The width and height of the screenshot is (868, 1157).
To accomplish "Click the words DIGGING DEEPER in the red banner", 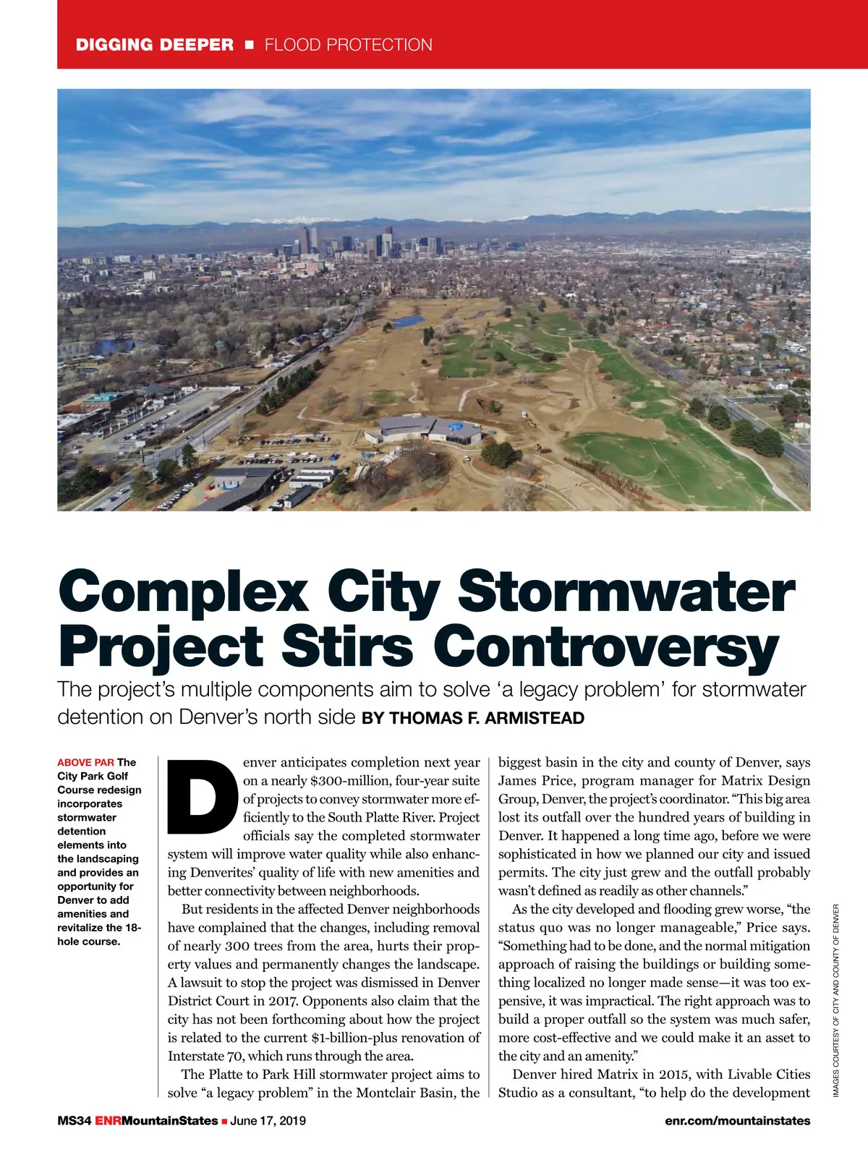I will pyautogui.click(x=155, y=45).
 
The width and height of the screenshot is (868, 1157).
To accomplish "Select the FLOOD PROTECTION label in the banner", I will pyautogui.click(x=348, y=45).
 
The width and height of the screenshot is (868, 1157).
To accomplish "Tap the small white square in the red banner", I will pyautogui.click(x=250, y=45).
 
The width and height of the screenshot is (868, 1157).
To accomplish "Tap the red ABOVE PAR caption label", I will pyautogui.click(x=85, y=762).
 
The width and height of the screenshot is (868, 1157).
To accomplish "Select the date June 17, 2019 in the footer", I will pyautogui.click(x=268, y=1121).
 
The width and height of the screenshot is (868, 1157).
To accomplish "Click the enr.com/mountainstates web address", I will pyautogui.click(x=737, y=1121).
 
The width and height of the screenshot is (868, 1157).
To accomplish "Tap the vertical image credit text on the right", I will pyautogui.click(x=835, y=1002).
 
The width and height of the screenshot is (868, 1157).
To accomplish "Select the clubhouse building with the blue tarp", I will pyautogui.click(x=427, y=431).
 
